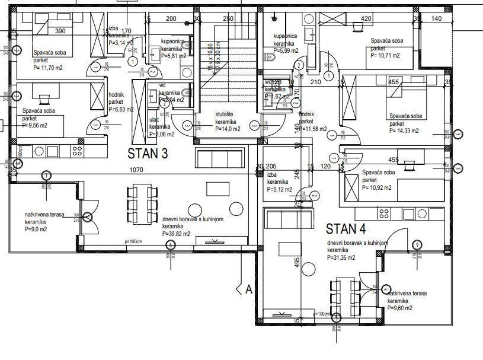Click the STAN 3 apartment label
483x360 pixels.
[148, 154]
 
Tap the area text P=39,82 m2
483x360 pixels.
[176, 234]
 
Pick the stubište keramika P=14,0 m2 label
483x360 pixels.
[228, 123]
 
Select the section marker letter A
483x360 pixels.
[249, 289]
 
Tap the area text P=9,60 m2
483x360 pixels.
[400, 308]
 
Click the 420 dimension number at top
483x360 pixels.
[366, 18]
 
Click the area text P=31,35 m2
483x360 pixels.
[341, 257]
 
